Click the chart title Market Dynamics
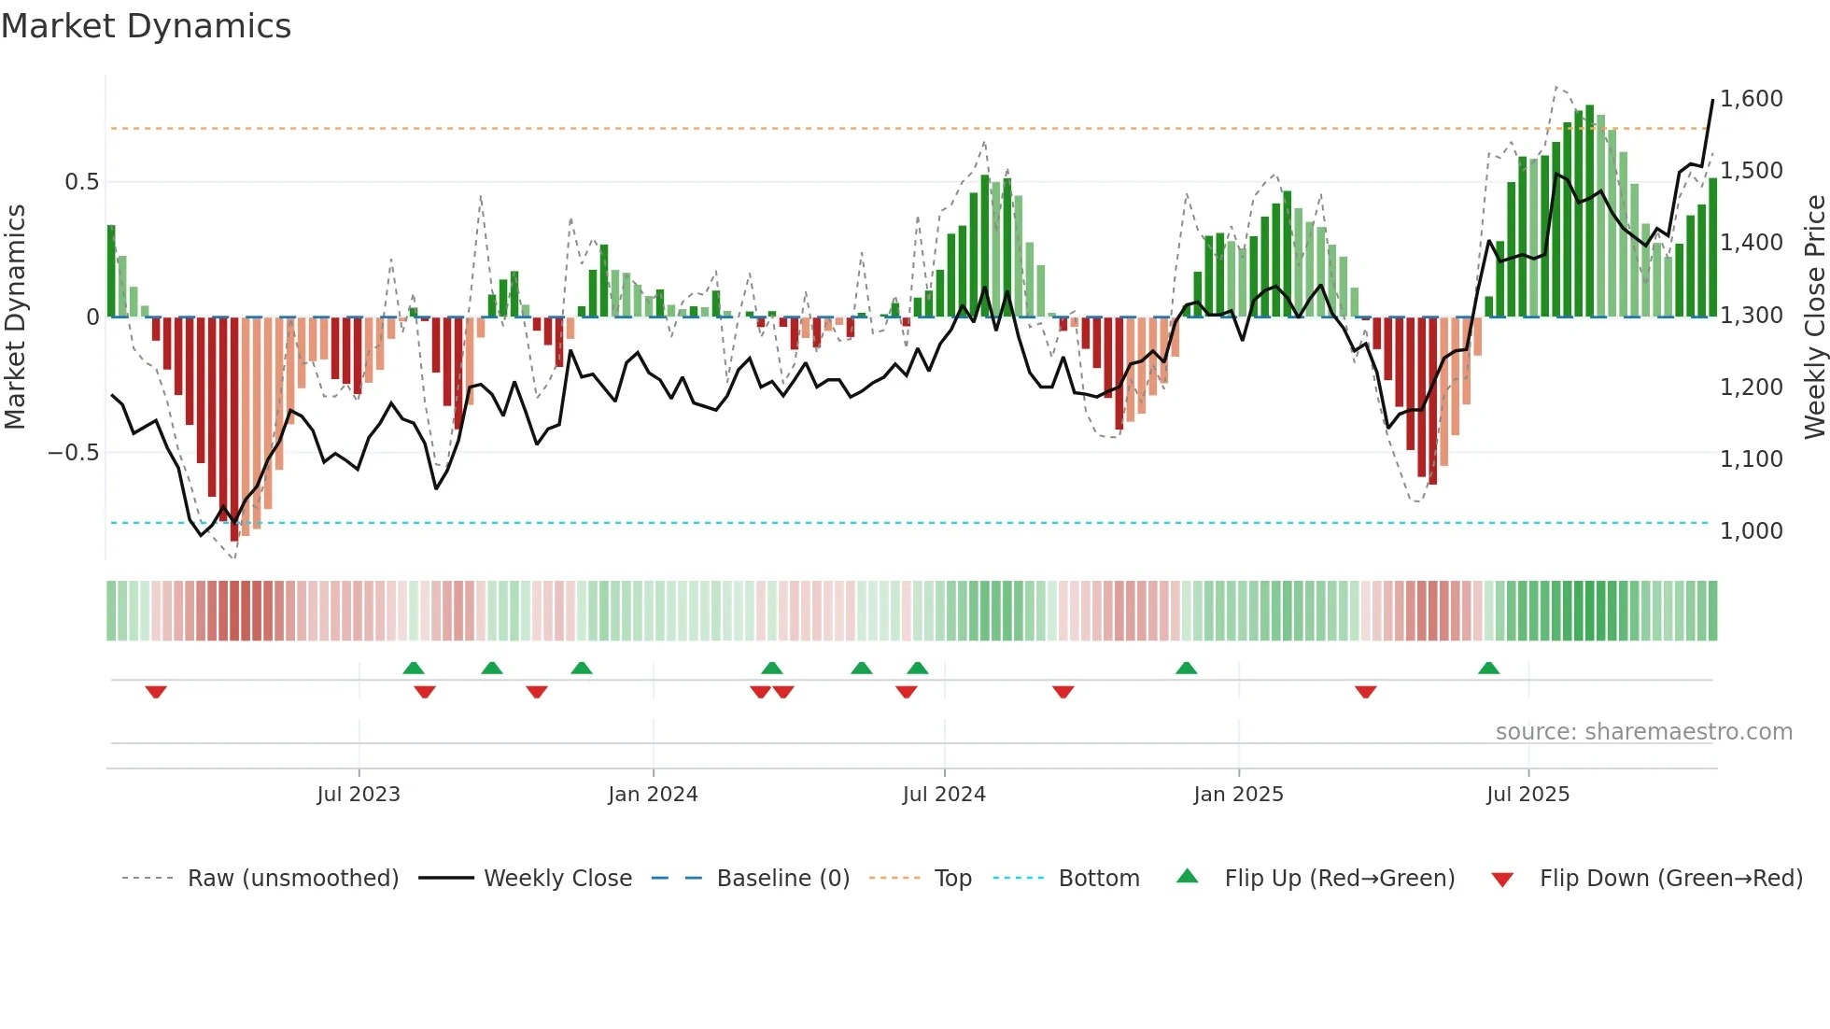[x=146, y=26]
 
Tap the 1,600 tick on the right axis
[x=1752, y=99]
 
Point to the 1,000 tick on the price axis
[x=1752, y=531]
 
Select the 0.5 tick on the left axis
[x=81, y=182]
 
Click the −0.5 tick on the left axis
[x=73, y=453]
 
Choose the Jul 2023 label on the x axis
[x=359, y=795]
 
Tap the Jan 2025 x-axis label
[x=1238, y=795]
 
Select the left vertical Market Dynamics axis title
[x=15, y=317]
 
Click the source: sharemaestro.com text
[x=1643, y=732]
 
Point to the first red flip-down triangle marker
[x=156, y=692]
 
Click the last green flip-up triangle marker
[x=1488, y=668]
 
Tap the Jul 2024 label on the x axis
[x=944, y=795]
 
